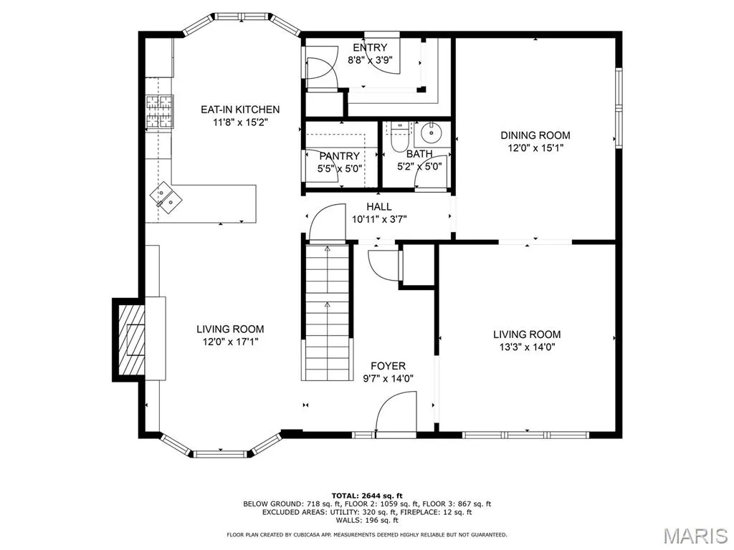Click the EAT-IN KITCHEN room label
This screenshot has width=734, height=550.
click(x=240, y=110)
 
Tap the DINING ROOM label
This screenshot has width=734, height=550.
click(x=535, y=135)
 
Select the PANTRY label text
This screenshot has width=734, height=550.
click(x=339, y=155)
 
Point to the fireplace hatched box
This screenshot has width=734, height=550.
click(x=130, y=339)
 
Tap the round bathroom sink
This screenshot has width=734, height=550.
click(x=431, y=133)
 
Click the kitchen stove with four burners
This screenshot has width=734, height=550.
click(x=159, y=111)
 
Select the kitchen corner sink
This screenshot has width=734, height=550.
click(x=166, y=198)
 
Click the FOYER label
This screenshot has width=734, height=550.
click(x=388, y=366)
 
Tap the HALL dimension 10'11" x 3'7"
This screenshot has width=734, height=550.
click(x=379, y=219)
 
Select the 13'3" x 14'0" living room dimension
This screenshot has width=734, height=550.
click(x=527, y=347)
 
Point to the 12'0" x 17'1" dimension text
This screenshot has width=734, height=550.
click(x=230, y=342)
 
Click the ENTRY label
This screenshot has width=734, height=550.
click(x=370, y=47)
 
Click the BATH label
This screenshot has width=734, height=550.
click(x=419, y=153)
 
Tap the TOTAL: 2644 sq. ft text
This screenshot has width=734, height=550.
click(x=367, y=496)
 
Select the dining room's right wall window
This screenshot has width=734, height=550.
click(x=619, y=108)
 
